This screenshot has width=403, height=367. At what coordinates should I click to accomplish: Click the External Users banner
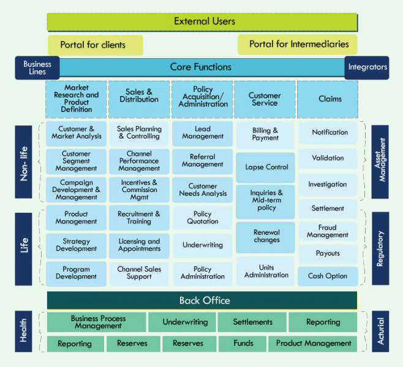coord(202,22)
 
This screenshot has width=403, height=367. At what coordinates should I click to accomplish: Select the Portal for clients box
coord(96,45)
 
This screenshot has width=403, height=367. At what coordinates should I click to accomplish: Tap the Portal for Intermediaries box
coord(298,45)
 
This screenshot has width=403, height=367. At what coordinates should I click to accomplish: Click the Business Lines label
coord(37,68)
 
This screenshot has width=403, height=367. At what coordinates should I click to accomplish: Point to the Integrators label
coord(367,68)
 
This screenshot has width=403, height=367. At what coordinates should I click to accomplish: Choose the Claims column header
coord(328,100)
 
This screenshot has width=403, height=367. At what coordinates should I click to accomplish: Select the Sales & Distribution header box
coord(139,100)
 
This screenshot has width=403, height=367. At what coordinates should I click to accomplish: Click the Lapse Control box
coord(265,168)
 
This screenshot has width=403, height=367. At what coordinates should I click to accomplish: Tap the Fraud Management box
coord(328,231)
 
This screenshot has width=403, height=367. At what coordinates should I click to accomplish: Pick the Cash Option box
coord(328,276)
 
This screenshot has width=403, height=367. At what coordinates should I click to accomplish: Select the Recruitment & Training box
coord(139,218)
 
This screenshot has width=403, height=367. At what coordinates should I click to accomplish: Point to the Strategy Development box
coord(77,246)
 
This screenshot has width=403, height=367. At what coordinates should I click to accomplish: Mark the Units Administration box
coord(265,271)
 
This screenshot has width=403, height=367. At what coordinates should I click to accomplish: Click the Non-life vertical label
coord(23,161)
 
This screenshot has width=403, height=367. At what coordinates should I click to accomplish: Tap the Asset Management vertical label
coord(380,161)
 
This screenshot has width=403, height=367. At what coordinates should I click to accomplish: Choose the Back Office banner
coord(202,300)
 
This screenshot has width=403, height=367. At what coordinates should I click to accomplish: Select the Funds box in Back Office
coord(243,344)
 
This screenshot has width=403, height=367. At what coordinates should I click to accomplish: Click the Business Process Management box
coord(96,322)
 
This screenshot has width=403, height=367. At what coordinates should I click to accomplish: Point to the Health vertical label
coord(23,331)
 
